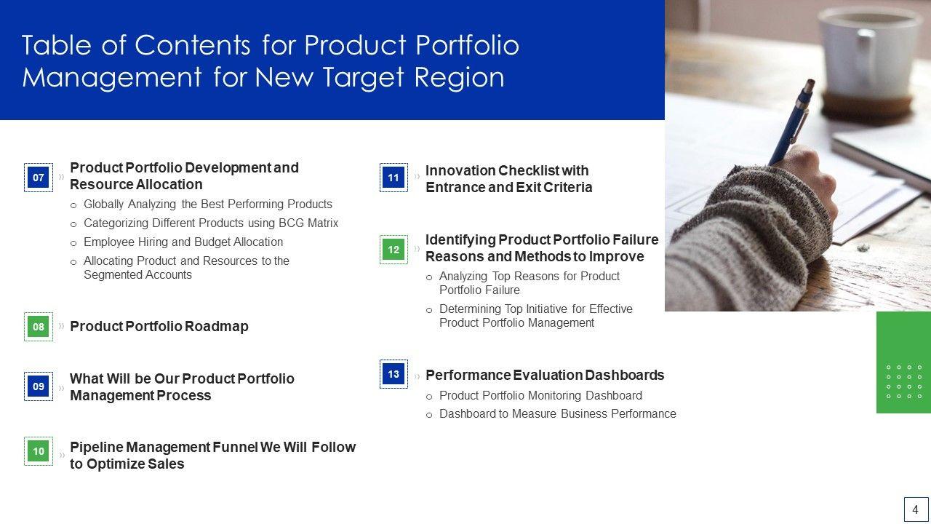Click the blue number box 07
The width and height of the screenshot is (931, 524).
click(39, 178)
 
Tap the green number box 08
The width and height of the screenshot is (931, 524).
click(39, 327)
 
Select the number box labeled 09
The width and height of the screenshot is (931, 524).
click(39, 386)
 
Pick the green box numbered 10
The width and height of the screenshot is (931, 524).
click(39, 451)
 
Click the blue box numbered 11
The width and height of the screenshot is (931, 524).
click(393, 178)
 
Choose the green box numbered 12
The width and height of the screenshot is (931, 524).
click(393, 250)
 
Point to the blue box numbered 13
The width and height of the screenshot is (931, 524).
click(393, 374)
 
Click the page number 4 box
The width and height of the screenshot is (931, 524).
click(916, 509)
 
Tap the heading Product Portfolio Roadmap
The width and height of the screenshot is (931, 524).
click(159, 327)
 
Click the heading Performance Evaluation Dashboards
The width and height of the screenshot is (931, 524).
click(545, 375)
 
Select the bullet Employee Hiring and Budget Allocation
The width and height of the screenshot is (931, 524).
click(183, 242)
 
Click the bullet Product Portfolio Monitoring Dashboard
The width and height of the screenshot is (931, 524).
click(540, 395)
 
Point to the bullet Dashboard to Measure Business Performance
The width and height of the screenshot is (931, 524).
click(558, 414)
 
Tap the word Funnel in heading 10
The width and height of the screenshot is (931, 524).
click(235, 447)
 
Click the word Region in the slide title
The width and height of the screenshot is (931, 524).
click(459, 78)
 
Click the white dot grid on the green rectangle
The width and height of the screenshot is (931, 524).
click(904, 382)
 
